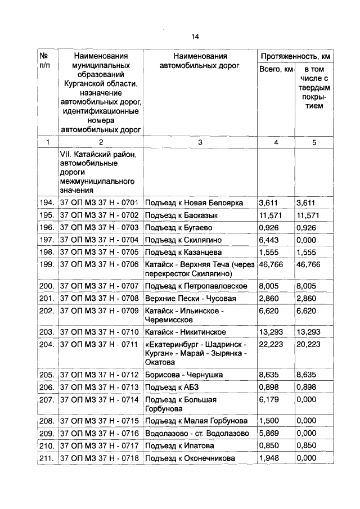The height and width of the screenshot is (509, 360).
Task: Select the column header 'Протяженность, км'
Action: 294,57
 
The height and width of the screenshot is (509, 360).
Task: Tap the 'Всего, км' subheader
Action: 276,69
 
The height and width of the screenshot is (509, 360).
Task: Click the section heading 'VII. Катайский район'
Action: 100,154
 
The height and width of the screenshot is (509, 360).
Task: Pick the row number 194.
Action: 46,202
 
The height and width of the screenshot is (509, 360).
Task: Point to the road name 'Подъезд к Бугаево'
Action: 178,228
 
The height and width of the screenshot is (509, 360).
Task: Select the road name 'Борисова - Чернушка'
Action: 183,374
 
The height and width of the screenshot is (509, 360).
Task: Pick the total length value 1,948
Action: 268,458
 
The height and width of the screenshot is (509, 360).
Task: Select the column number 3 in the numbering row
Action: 200,142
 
